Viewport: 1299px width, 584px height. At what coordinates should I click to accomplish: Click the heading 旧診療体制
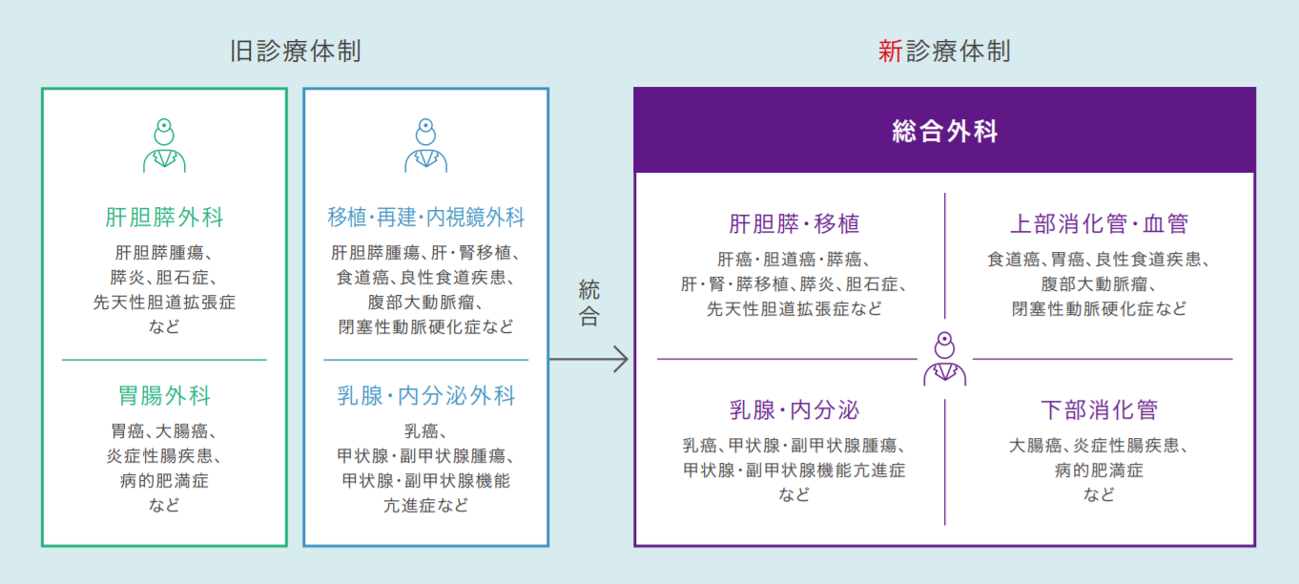295,51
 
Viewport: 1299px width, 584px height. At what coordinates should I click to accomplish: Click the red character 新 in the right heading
890,51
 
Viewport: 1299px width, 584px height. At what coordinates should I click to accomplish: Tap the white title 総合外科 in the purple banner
944,131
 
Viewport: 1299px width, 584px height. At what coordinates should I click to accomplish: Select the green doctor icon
164,146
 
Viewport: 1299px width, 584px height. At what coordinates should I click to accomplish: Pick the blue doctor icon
425,146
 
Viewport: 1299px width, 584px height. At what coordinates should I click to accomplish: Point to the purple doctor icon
944,359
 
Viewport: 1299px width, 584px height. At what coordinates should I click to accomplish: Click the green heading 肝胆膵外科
164,218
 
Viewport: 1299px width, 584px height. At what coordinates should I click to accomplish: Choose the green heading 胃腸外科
164,395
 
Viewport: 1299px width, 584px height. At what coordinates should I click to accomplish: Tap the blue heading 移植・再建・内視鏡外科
425,218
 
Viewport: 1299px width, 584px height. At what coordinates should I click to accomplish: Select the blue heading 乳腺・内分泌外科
425,395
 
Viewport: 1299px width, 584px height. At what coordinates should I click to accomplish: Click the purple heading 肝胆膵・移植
794,224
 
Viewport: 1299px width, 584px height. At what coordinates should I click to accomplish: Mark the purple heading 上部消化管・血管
1099,224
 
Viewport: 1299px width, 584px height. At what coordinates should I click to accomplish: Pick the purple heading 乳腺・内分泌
794,410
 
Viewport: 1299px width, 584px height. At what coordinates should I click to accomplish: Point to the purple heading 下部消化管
1099,410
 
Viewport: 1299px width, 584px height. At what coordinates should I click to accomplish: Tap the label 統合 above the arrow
589,302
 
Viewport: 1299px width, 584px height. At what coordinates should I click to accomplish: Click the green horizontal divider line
164,360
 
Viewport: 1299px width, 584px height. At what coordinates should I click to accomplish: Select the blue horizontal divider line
425,360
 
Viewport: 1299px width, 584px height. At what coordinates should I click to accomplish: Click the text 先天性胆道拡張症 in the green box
164,302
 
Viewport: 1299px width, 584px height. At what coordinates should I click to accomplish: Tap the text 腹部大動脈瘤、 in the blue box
425,302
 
